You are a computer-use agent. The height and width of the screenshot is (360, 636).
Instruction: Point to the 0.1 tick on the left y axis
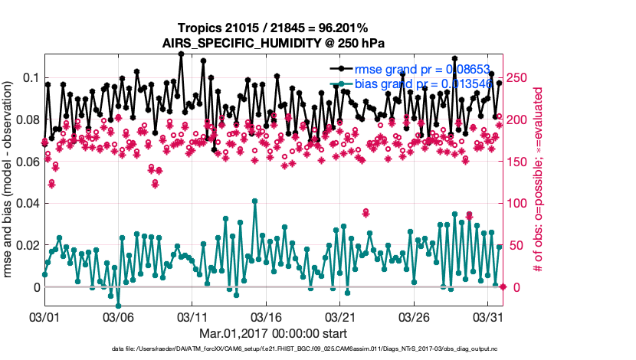pyautogui.click(x=31, y=78)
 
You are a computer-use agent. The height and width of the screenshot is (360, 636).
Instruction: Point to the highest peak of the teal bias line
pyautogui.click(x=254, y=201)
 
